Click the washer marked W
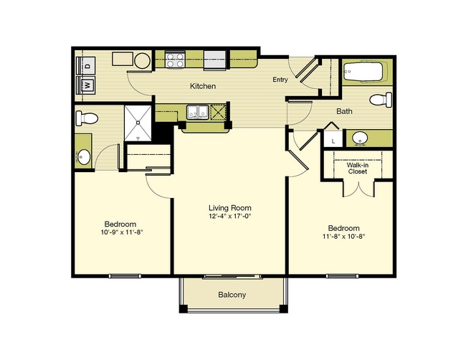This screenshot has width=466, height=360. tap(86, 85)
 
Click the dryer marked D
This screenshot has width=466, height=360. tap(86, 66)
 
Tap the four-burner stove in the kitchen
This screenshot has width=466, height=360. tap(176, 60)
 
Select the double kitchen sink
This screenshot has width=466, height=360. tap(197, 112)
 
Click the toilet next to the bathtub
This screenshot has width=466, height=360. tap(381, 100)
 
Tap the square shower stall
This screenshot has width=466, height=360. tap(138, 123)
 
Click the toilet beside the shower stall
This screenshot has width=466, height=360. tap(87, 118)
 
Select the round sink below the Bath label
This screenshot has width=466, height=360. tap(360, 138)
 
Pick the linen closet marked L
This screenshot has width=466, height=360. tap(333, 138)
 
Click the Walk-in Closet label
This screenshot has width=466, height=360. tap(358, 169)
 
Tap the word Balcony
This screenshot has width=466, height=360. tap(232, 295)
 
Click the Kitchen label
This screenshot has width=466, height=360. tap(203, 86)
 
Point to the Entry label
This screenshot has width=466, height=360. tap(280, 80)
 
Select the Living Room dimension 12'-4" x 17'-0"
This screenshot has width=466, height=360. tap(230, 216)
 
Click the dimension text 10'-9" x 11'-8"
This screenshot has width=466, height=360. tap(122, 232)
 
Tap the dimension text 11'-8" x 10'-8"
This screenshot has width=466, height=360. tap(344, 237)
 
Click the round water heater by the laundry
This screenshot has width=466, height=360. tap(142, 61)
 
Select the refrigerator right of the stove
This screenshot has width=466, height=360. tap(214, 60)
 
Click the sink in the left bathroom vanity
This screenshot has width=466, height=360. tap(84, 156)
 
